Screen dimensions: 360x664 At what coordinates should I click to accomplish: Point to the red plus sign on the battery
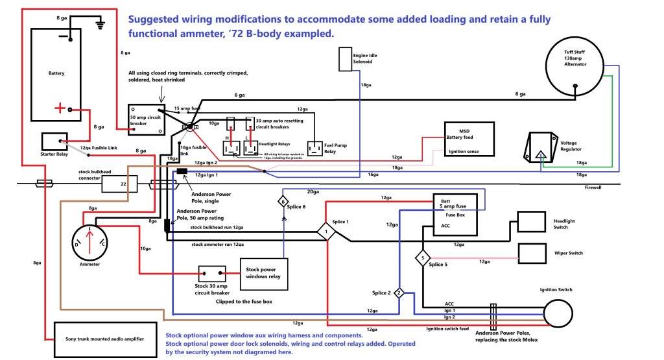click(x=59, y=109)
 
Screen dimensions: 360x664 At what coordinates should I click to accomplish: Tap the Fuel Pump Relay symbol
click(x=314, y=149)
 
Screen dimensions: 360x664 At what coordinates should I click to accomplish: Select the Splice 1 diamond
click(x=326, y=232)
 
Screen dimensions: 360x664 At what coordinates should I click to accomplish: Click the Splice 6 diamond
click(x=283, y=202)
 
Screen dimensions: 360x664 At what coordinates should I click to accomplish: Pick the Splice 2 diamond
click(x=399, y=293)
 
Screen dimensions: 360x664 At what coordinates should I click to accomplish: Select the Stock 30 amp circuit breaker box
click(x=211, y=274)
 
